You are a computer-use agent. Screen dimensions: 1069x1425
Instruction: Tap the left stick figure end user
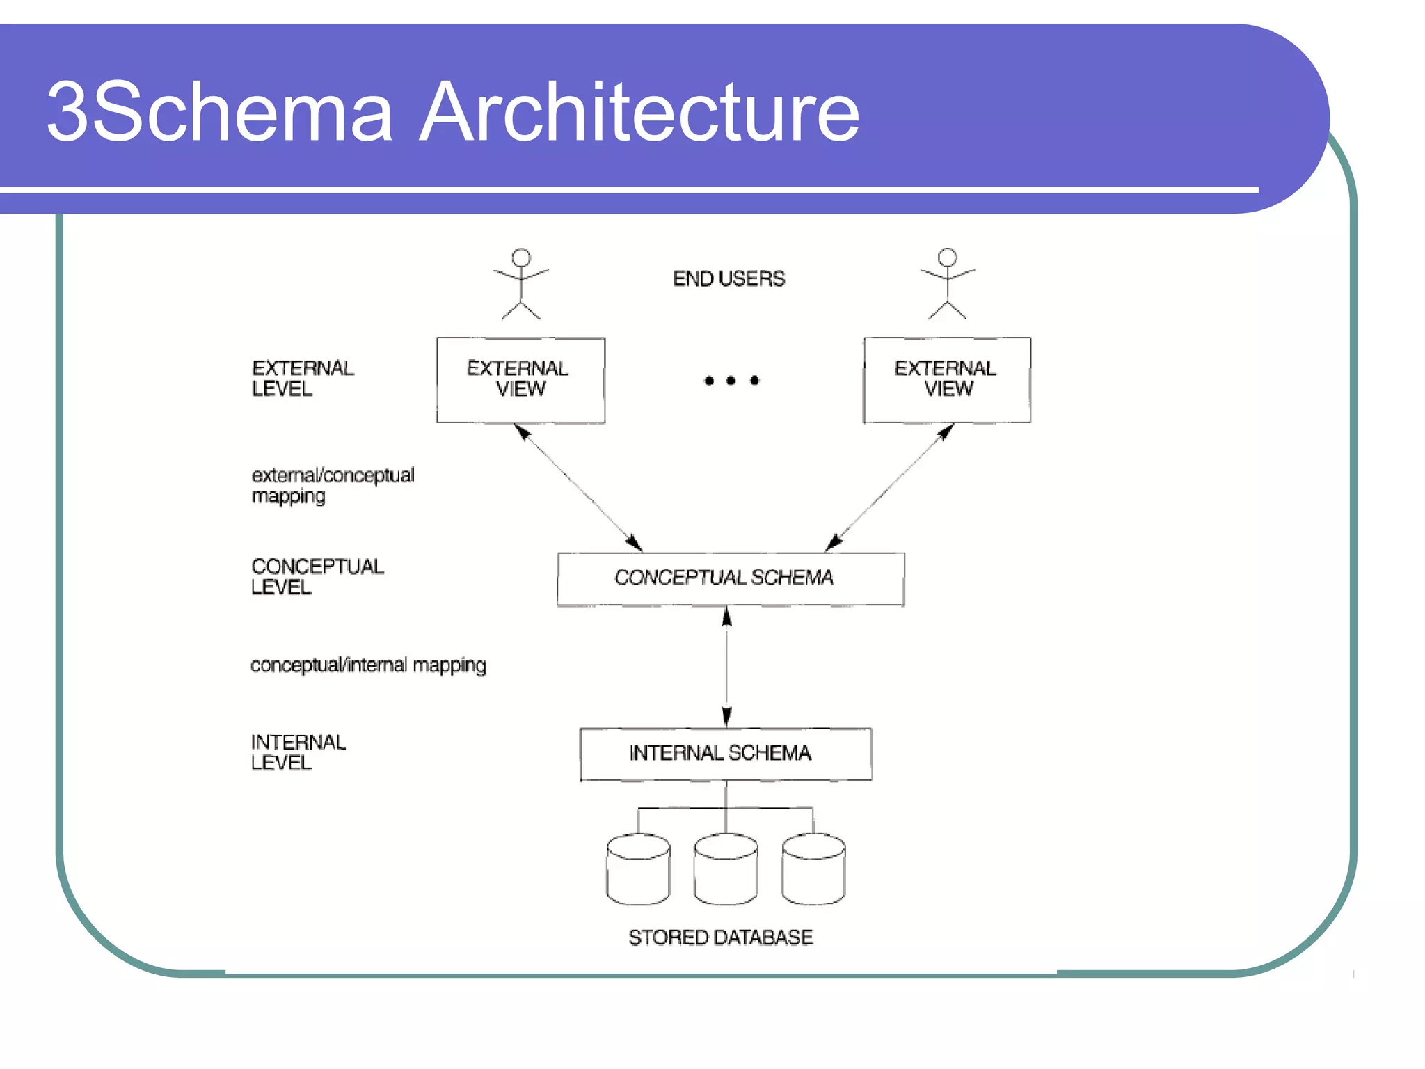(x=521, y=284)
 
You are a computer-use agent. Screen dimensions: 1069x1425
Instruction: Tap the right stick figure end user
(x=947, y=284)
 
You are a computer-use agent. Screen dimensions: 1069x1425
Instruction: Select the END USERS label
(x=729, y=278)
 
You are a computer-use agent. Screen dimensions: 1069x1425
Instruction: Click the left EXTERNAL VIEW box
(x=520, y=379)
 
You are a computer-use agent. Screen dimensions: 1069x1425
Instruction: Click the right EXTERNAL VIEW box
(x=947, y=379)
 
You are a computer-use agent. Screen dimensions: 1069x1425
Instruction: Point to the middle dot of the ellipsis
(x=731, y=380)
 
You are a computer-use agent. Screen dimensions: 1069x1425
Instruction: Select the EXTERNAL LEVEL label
(x=302, y=378)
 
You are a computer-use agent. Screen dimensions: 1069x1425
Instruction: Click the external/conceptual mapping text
(x=332, y=485)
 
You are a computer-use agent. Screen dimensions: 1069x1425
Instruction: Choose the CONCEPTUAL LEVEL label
(x=317, y=576)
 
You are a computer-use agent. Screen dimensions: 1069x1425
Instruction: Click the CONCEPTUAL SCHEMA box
(x=730, y=578)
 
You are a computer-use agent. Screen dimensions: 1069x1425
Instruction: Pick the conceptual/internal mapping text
(x=367, y=665)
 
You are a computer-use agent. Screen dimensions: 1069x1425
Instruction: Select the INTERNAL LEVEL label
(x=297, y=752)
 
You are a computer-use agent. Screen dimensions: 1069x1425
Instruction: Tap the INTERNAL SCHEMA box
(x=725, y=754)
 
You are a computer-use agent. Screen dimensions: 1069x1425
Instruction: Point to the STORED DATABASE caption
(x=720, y=937)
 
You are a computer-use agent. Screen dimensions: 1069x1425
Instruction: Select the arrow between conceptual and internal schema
(x=726, y=667)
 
